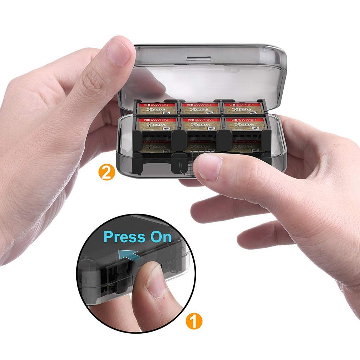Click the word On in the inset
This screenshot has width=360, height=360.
(x=161, y=237)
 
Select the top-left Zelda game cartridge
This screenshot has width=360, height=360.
(x=157, y=108)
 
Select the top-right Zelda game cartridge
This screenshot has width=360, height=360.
(x=243, y=108)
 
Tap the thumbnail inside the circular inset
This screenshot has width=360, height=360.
(x=155, y=281)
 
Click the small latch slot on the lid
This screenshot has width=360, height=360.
(x=198, y=57)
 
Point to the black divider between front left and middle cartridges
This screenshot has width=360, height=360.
(x=177, y=139)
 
